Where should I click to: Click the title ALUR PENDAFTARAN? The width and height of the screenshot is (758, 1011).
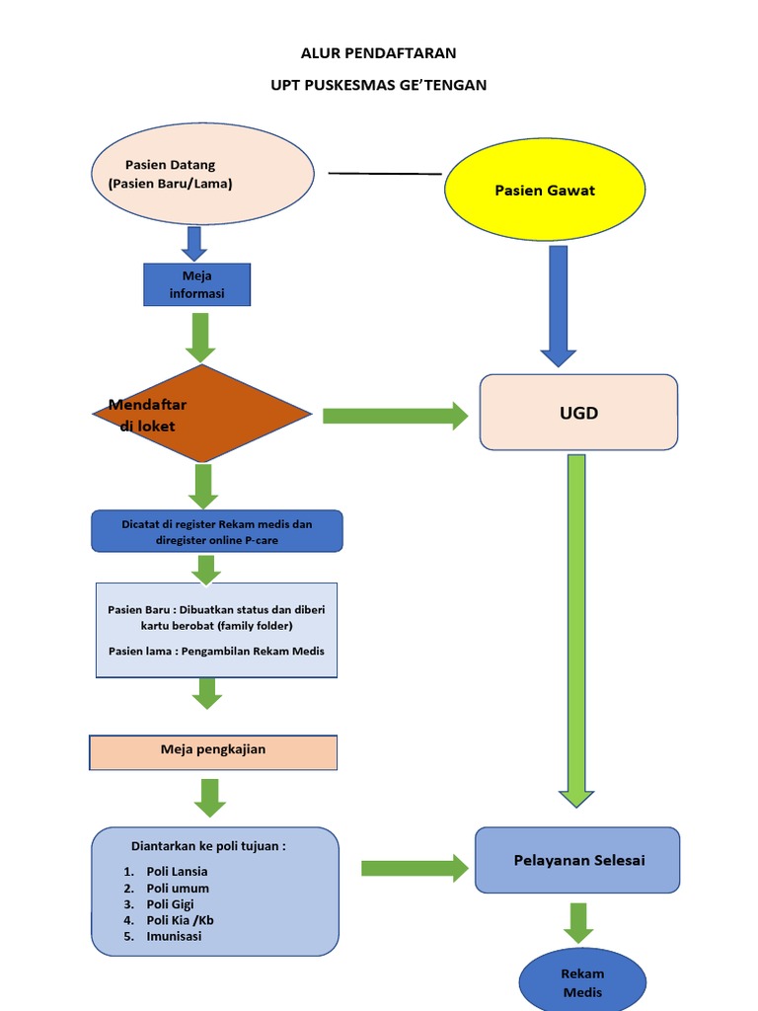coord(379,53)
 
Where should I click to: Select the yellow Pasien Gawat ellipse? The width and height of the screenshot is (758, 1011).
coord(545,190)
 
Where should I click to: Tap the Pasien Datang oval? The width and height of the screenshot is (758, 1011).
coord(202,174)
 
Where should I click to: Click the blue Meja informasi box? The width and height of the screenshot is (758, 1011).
coord(197,284)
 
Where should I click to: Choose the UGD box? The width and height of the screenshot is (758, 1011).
coord(578,413)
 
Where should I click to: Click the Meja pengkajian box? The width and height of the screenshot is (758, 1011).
coord(213,751)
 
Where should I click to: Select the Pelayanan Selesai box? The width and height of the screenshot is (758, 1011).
coord(578,860)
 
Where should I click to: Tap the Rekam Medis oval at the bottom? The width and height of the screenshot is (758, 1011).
coord(582,983)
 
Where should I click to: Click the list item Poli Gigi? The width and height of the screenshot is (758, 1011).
coord(170,904)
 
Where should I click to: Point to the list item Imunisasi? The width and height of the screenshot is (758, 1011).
coord(174,936)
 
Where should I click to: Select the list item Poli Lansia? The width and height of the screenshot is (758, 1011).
coord(177,872)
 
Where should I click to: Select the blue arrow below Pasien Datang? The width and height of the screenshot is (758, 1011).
coord(193,243)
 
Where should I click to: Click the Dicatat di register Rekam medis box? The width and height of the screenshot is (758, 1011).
coord(217,531)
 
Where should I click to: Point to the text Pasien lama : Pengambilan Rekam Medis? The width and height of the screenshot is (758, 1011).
coord(216,651)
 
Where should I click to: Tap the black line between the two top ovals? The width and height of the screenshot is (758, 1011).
coord(385,174)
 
